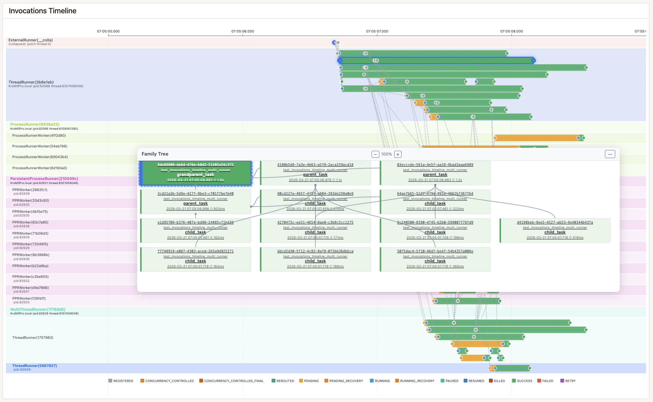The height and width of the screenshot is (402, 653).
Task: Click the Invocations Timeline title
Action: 43,11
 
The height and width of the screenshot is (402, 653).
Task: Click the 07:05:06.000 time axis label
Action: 243,31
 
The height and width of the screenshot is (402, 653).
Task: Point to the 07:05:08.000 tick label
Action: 511,31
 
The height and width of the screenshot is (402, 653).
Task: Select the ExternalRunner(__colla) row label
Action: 31,40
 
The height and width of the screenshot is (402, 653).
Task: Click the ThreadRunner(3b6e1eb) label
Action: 31,82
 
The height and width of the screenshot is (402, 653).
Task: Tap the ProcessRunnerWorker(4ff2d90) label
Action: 39,136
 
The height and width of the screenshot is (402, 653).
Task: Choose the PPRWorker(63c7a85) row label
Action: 30,222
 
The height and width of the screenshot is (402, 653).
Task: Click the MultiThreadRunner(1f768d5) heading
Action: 38,310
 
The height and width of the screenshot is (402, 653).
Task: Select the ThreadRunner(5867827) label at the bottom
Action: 34,366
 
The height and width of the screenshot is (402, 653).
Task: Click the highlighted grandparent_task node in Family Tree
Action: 196,173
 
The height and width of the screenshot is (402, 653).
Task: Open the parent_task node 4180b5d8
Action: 315,173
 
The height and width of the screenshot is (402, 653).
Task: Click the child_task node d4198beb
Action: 555,231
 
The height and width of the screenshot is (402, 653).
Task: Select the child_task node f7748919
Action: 196,259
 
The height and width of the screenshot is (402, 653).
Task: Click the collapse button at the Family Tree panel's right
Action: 610,154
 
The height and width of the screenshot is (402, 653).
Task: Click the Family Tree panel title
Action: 155,154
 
